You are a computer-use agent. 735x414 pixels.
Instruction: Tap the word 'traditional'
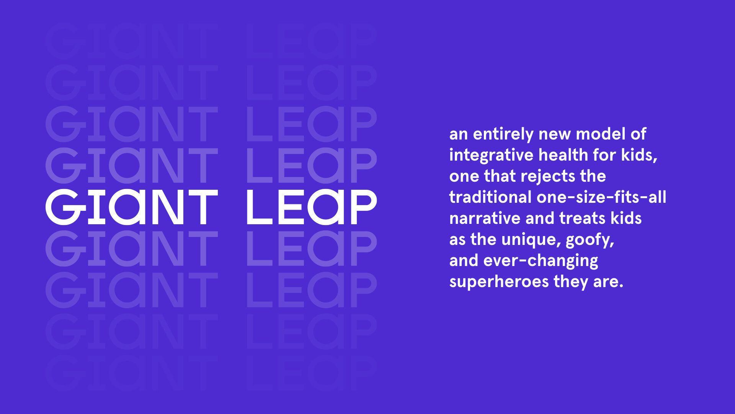[490, 197]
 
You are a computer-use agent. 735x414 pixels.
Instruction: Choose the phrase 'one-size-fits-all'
[601, 197]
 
